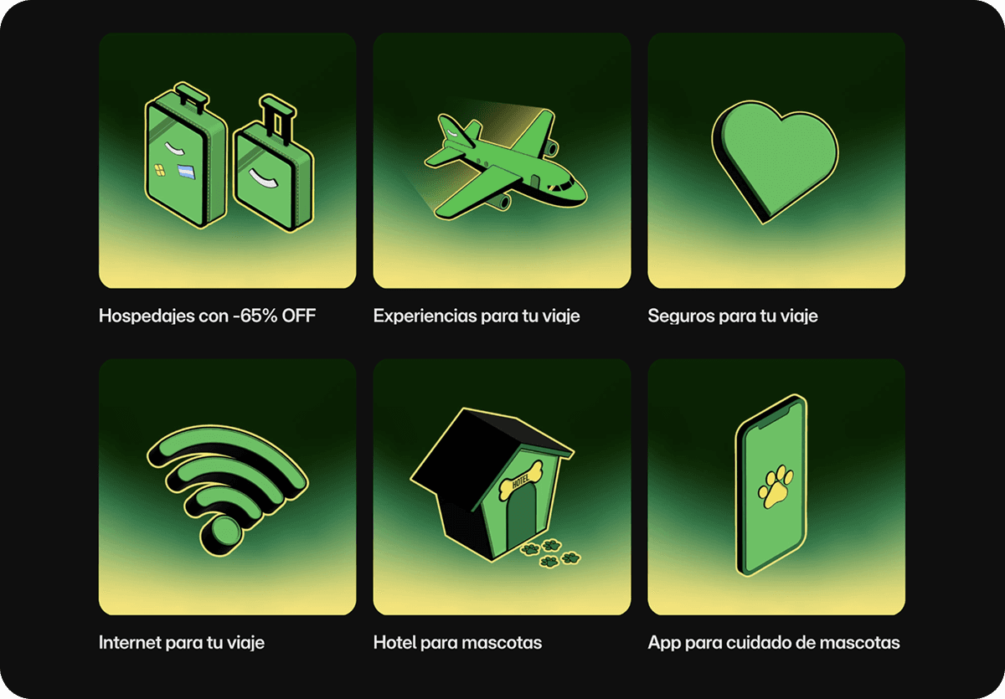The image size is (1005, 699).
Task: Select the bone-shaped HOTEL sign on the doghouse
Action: point(518,475)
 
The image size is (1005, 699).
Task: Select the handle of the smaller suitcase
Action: point(276,113)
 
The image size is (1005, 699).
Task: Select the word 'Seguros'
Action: point(677,316)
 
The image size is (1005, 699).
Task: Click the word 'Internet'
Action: point(128,643)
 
